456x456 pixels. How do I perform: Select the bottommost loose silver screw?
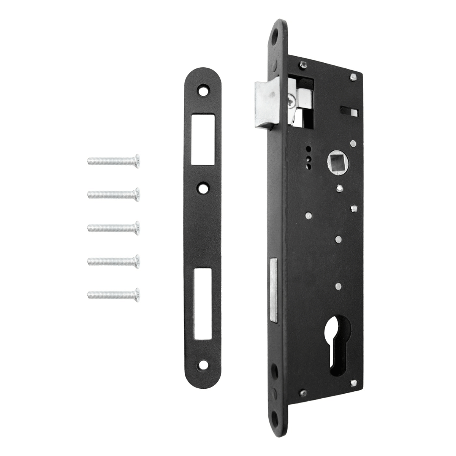(114, 293)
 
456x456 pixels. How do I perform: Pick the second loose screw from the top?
(114, 194)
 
